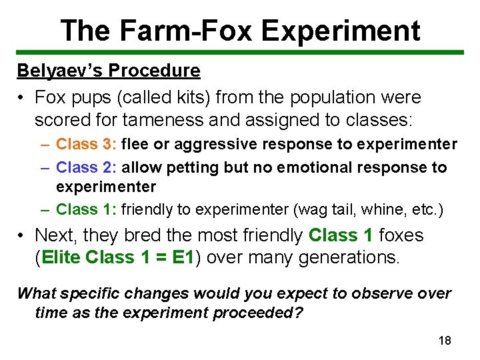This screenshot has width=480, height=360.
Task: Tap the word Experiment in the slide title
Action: point(341,31)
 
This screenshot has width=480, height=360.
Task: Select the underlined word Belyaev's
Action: point(61,71)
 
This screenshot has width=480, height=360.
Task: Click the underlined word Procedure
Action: point(155,71)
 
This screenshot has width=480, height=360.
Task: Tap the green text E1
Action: point(182,258)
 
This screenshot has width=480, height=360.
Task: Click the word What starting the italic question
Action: point(38,293)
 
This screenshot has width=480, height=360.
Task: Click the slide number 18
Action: point(445,341)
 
